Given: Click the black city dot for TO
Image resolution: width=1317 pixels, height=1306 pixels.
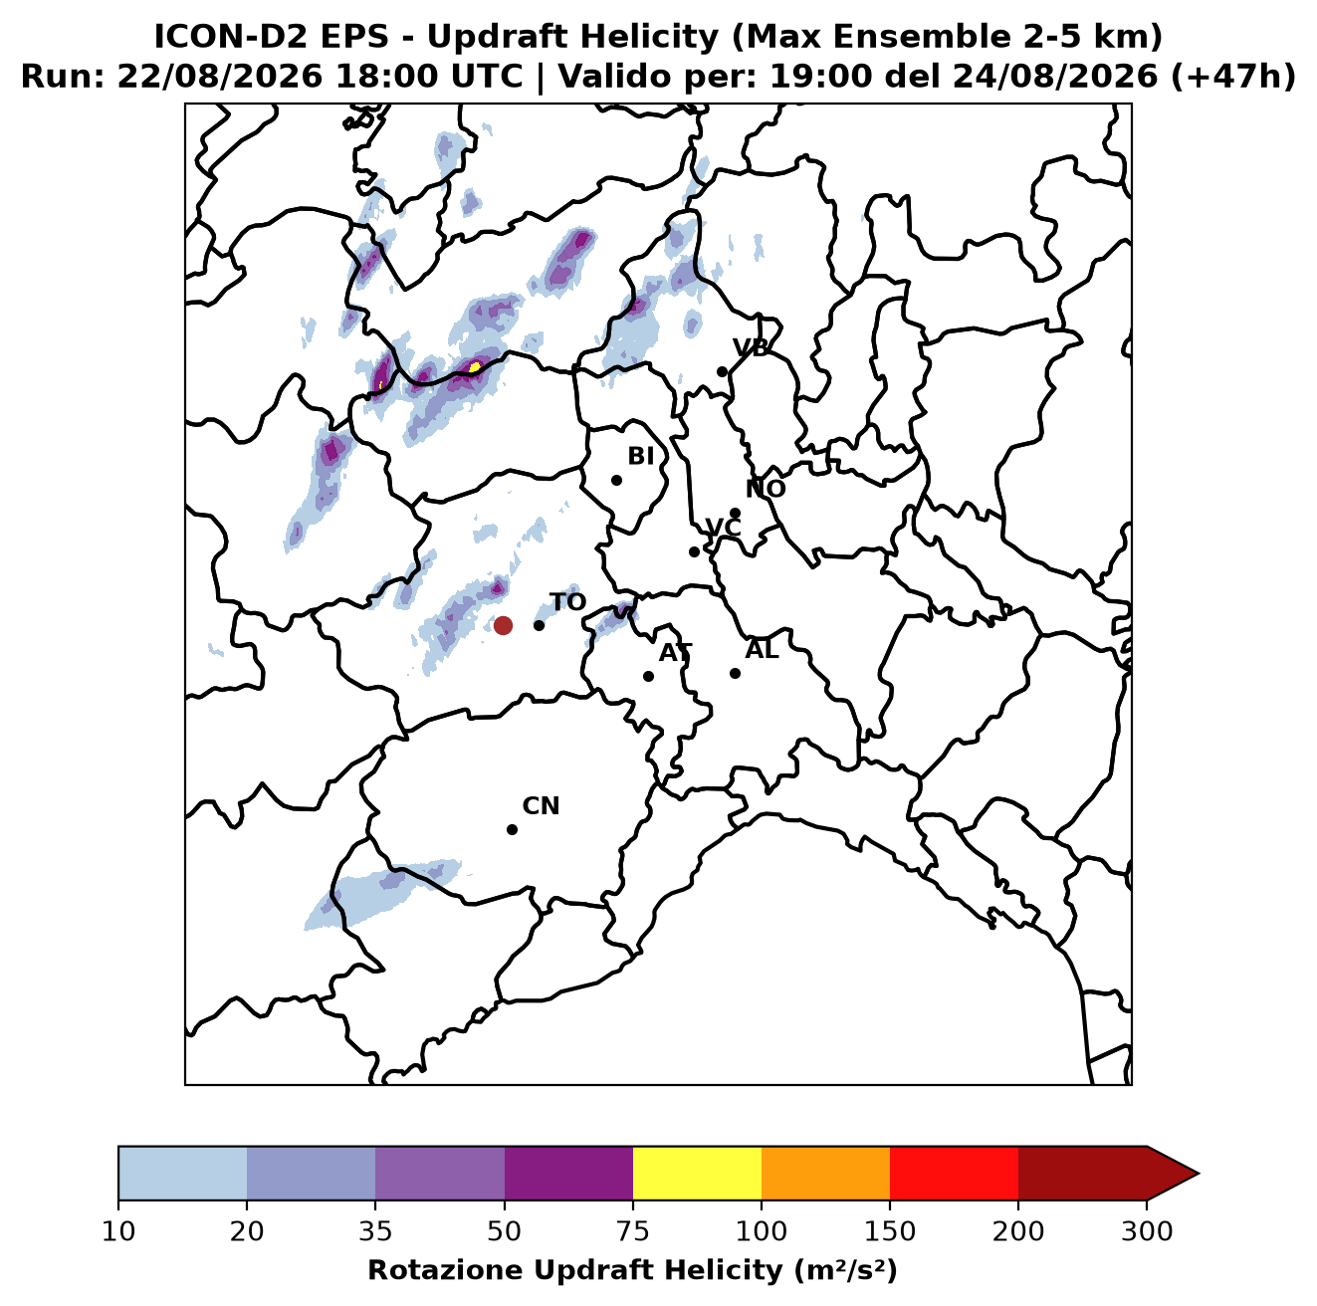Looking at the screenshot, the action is tap(539, 625).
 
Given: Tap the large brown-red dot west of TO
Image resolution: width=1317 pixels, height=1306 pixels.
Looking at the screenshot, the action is tap(503, 625).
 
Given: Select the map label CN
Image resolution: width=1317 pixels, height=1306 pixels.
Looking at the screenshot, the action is tap(541, 806).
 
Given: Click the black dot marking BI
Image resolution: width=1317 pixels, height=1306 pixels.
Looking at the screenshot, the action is tap(616, 481).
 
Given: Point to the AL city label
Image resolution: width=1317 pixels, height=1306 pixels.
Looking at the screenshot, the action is tap(763, 650).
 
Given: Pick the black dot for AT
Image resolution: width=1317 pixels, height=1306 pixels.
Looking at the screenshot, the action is tap(649, 677).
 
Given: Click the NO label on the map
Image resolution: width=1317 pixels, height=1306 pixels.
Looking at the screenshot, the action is tap(766, 489).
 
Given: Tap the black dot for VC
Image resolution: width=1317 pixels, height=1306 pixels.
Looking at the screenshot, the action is tap(695, 551).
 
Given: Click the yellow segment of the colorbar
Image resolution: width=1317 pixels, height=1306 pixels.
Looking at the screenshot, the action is tap(697, 1173).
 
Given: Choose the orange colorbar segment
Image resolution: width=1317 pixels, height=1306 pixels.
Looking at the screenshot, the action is tap(825, 1173).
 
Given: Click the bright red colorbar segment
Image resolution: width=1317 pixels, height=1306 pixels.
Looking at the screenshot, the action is tap(954, 1173).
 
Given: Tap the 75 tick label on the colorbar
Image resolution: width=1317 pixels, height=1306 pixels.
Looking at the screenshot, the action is tap(633, 1231).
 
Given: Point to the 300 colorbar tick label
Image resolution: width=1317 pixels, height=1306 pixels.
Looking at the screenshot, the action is tap(1147, 1231).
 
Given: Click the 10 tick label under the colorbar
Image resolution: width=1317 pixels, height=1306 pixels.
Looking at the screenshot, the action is tap(118, 1231).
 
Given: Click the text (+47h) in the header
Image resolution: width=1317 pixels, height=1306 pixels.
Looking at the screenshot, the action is tap(1233, 77).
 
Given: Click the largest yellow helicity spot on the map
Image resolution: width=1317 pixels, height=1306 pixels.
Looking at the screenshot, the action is tap(474, 367).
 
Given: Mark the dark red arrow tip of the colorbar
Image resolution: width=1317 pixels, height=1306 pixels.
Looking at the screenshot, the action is tap(1198, 1174).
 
